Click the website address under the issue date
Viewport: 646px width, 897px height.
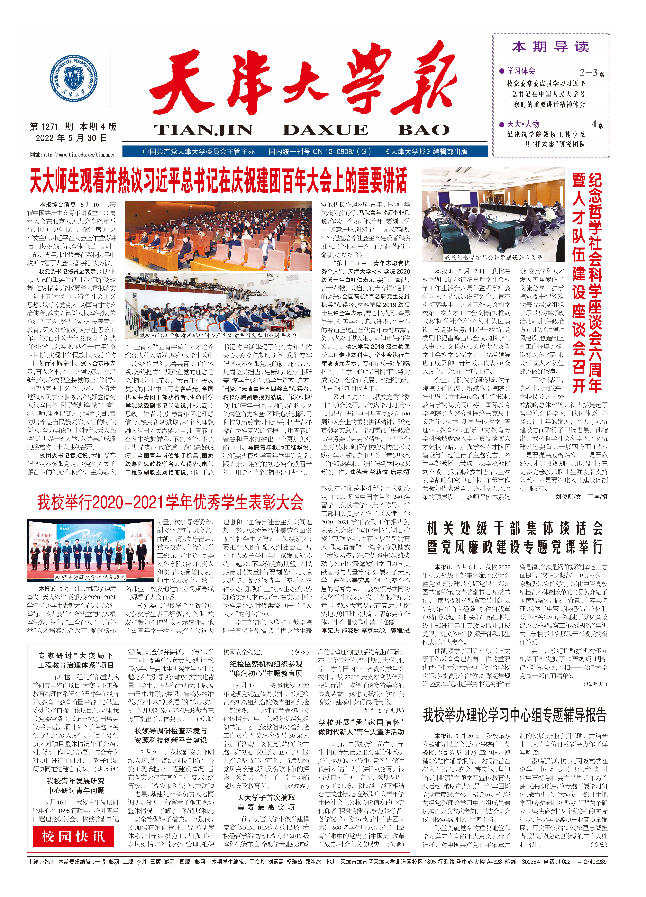coord(72,155)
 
